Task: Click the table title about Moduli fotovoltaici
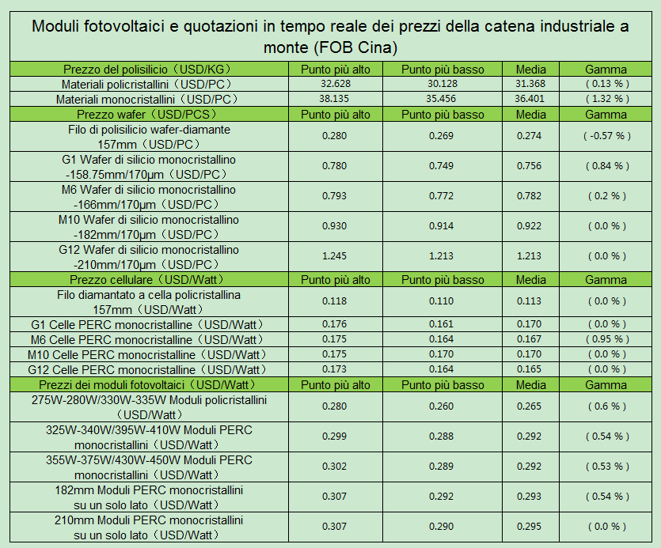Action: point(330,36)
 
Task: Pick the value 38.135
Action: point(335,99)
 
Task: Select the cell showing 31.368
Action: point(530,84)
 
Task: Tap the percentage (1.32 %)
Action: point(607,99)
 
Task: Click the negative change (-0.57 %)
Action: point(607,136)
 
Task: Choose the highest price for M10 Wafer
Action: point(335,226)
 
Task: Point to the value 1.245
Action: point(335,255)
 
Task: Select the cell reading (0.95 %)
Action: point(607,339)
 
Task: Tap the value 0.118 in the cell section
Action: point(335,301)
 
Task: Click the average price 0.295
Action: point(530,527)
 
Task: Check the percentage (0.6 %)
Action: point(607,406)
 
